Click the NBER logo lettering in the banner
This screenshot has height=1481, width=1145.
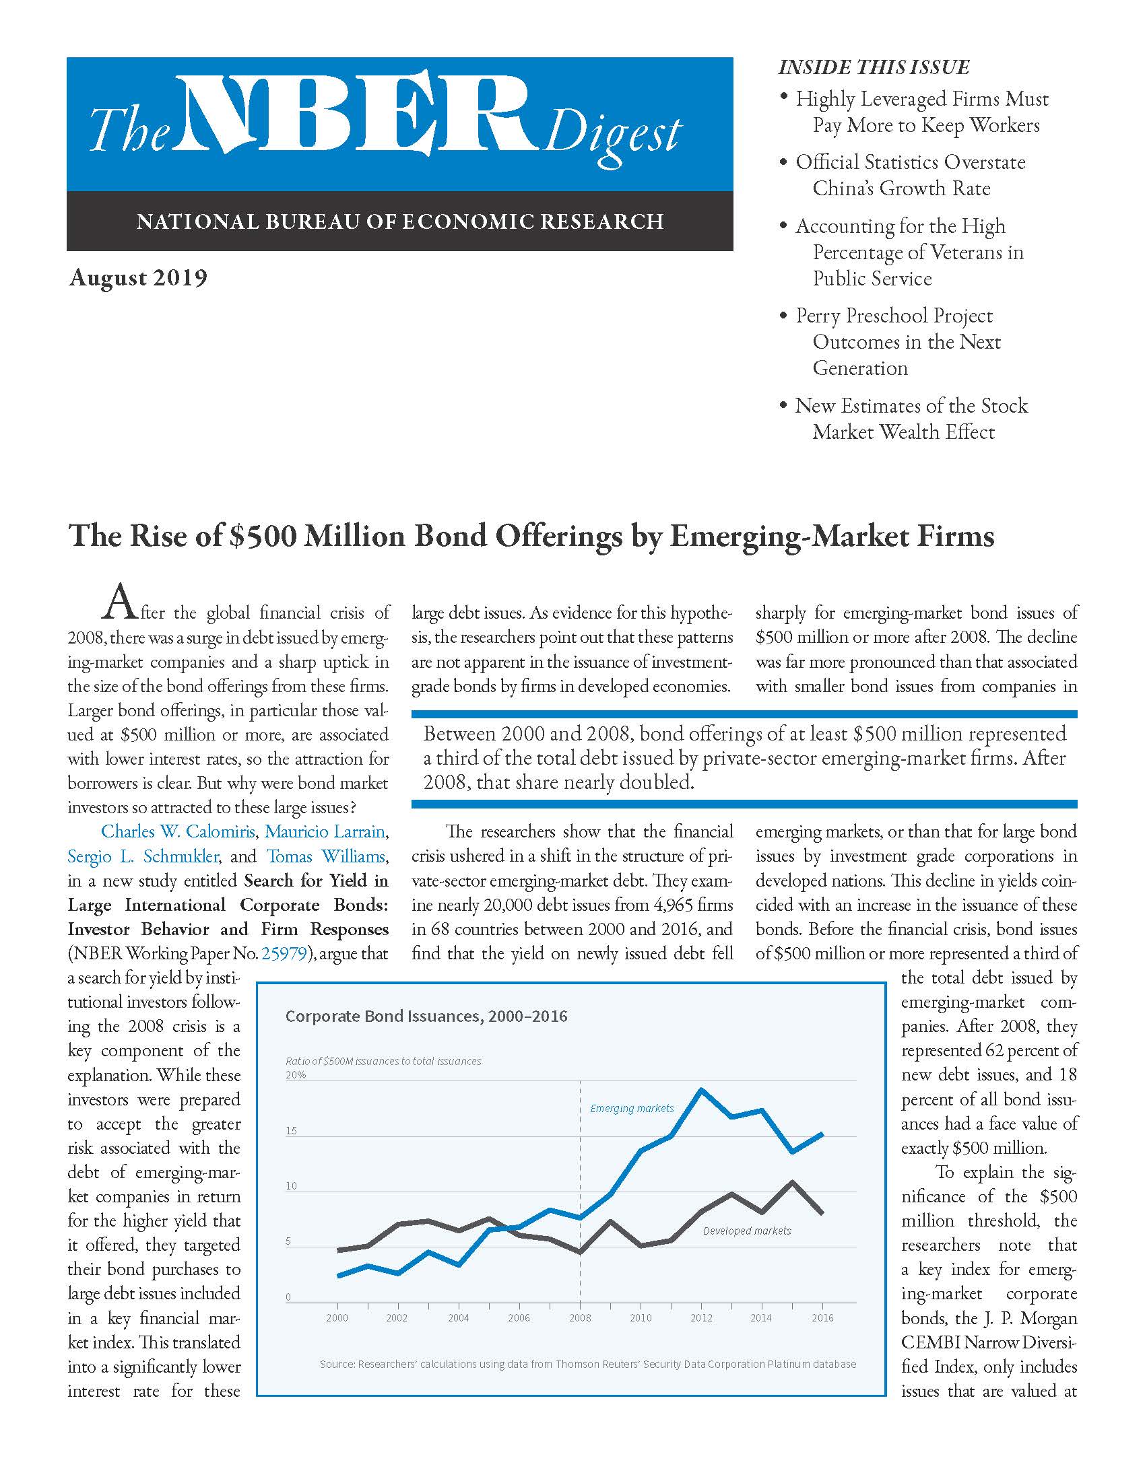click(356, 112)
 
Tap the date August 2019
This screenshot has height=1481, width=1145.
click(137, 278)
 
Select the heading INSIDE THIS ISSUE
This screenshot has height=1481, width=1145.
click(873, 67)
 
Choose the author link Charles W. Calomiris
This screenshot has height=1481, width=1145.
click(178, 831)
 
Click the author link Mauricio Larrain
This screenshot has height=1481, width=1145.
click(325, 831)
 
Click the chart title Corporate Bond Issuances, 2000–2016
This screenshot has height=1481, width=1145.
click(426, 1016)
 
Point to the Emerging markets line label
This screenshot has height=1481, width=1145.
click(632, 1108)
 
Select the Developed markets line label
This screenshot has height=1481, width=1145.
click(746, 1231)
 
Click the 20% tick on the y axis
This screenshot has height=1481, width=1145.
click(296, 1075)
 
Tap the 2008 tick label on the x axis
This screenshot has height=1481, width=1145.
click(579, 1317)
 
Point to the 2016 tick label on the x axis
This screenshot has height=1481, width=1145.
click(822, 1317)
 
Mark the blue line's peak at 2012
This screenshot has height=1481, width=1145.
click(701, 1090)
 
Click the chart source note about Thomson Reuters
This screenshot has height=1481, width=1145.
click(587, 1364)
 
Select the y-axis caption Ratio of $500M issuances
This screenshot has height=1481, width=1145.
click(383, 1061)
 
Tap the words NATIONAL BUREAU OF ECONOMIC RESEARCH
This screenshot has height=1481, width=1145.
click(399, 221)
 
